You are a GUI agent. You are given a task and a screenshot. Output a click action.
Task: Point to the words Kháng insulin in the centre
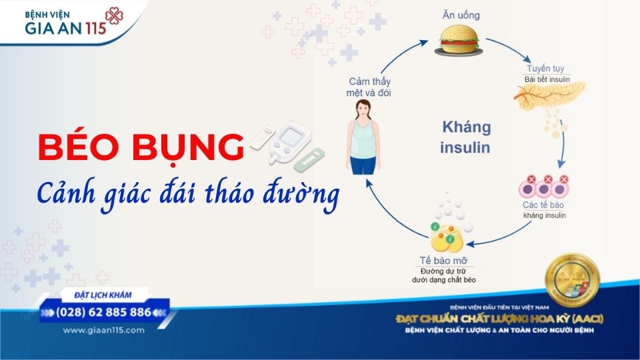pos(465,137)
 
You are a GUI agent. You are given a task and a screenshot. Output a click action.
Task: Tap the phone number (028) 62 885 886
pos(103,312)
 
